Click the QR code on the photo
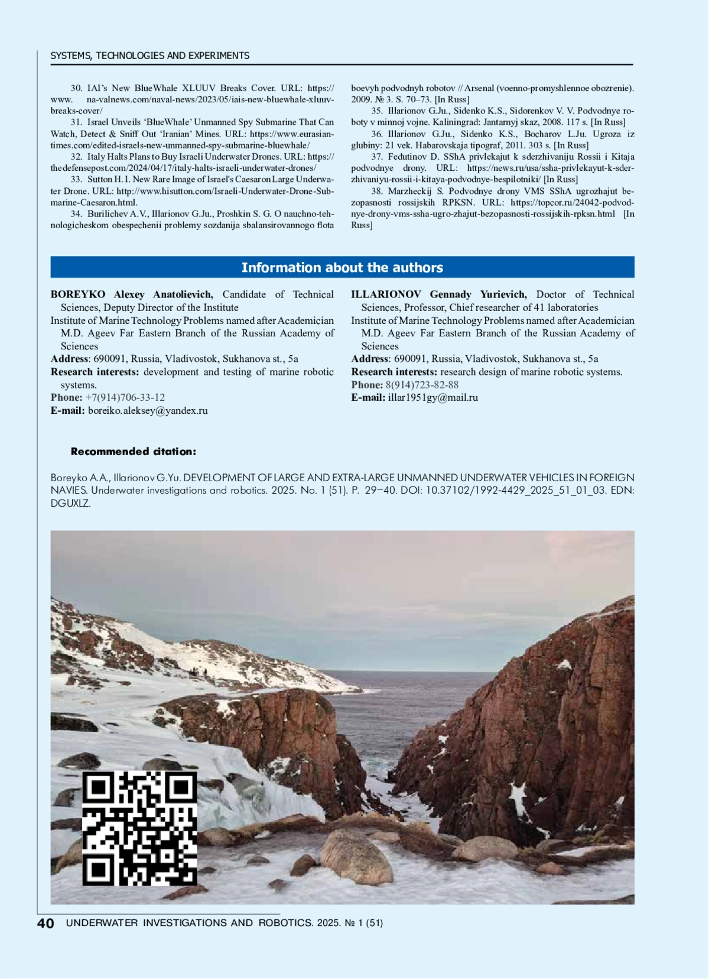(139, 828)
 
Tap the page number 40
(45, 923)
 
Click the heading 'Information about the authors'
(342, 268)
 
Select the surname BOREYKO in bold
(78, 294)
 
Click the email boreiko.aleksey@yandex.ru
(148, 410)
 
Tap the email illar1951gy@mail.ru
(433, 397)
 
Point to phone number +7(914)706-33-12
(125, 397)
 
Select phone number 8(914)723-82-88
(422, 384)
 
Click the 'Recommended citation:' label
(134, 452)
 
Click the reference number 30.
(76, 88)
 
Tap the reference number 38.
(377, 191)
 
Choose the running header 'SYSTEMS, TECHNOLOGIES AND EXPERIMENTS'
(150, 56)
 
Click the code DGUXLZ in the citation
(70, 504)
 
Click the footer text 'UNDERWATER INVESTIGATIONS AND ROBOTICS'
(189, 923)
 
